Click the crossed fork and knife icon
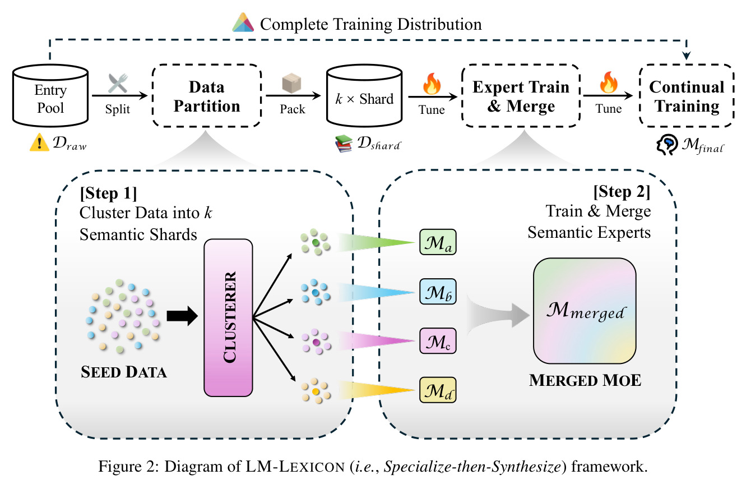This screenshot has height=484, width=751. (x=118, y=83)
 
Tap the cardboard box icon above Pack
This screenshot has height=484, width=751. (x=291, y=83)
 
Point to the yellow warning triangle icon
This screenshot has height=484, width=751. (x=39, y=142)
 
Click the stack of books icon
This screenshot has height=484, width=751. (x=344, y=144)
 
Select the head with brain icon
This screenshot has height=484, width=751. (x=667, y=145)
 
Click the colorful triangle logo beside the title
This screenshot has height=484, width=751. (x=243, y=22)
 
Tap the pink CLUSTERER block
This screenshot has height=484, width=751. (x=228, y=317)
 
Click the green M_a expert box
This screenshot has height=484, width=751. (x=438, y=242)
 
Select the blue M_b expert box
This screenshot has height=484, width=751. (x=438, y=292)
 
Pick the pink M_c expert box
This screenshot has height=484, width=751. (x=438, y=341)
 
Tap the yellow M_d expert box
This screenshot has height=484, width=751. (x=438, y=390)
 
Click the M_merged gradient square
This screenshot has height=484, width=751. (x=585, y=311)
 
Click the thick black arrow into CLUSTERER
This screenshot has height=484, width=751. (x=182, y=316)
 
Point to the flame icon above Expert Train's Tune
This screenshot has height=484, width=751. (x=432, y=84)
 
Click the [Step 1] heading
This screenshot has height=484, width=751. (x=108, y=193)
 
